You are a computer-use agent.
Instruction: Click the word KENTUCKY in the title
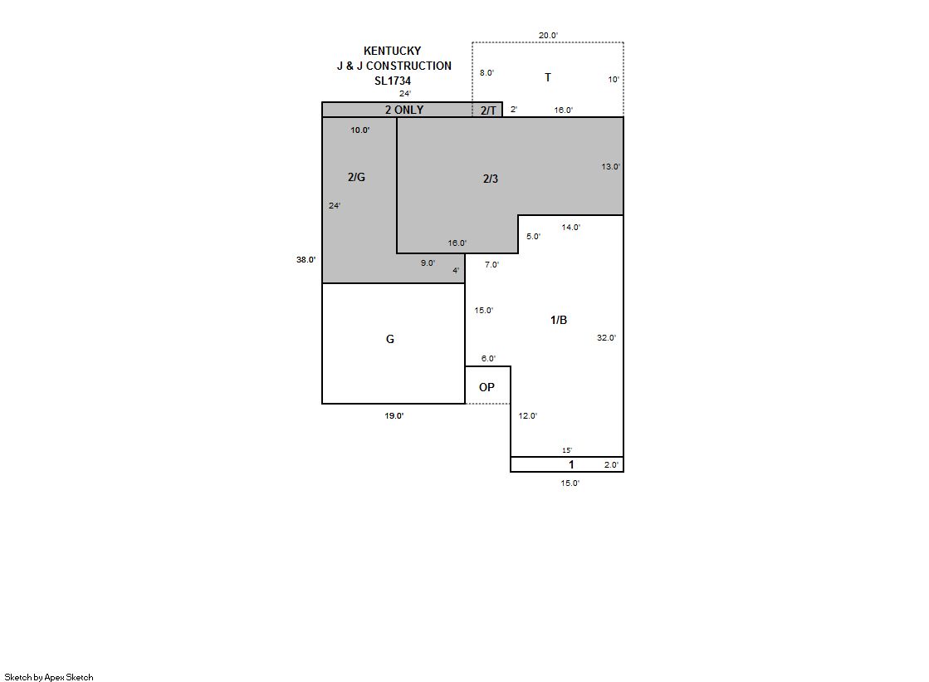point(392,51)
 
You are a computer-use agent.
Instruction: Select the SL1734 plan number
point(393,81)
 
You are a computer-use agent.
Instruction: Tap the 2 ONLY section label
point(404,110)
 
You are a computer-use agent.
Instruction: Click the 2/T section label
point(488,110)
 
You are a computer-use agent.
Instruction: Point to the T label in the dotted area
point(548,77)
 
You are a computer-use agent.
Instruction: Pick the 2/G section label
point(356,177)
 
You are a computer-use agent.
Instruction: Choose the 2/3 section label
point(491,179)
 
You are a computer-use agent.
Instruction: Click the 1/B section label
point(559,321)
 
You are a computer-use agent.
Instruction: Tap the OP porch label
point(487,387)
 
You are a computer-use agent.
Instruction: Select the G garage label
point(390,339)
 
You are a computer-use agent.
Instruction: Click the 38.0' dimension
point(306,260)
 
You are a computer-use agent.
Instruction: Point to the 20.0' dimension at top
point(548,36)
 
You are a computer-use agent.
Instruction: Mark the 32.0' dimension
point(606,338)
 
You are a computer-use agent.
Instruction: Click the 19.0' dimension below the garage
point(394,415)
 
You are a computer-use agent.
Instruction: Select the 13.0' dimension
point(611,167)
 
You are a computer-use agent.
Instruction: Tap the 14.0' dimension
point(571,227)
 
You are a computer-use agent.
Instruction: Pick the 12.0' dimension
point(528,415)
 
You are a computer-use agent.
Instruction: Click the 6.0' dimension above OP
point(488,359)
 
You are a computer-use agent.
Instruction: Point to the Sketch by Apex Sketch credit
point(49,677)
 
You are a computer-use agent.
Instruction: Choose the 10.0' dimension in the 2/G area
point(360,130)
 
